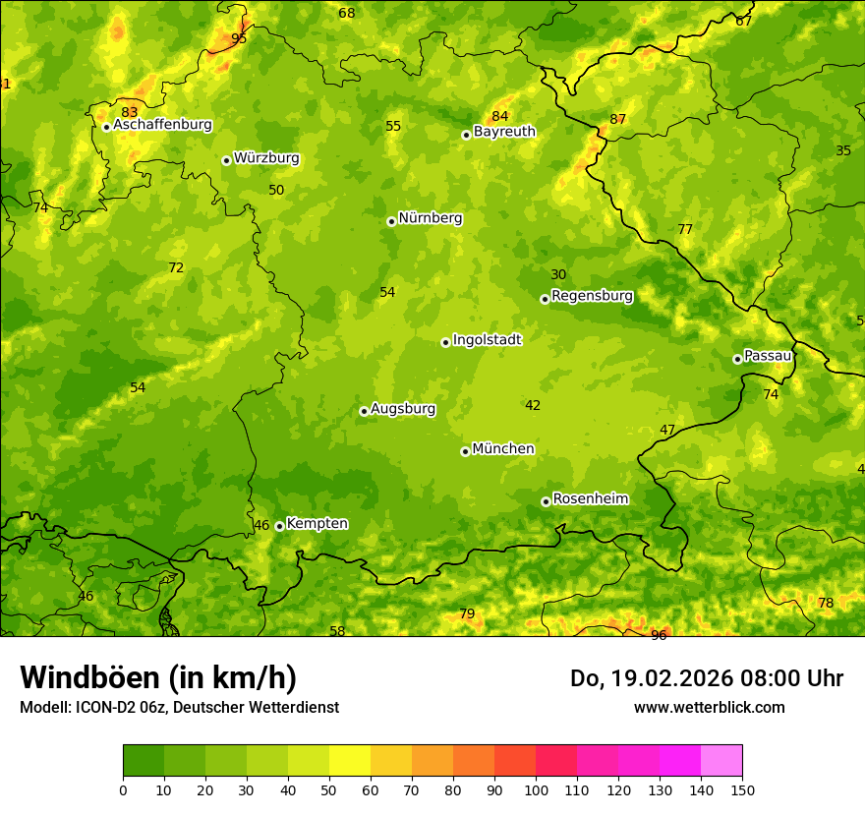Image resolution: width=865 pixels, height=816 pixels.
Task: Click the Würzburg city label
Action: (x=265, y=158)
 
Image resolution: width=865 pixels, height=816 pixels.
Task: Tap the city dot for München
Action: (x=465, y=451)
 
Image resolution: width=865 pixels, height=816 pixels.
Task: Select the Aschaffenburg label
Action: (x=162, y=125)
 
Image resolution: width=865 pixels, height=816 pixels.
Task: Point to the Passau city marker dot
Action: (x=737, y=359)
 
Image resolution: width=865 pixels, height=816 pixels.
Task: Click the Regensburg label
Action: (x=592, y=296)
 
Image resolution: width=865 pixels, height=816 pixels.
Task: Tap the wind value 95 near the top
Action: (x=239, y=38)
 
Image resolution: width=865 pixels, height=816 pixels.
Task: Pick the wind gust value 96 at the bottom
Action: (x=659, y=635)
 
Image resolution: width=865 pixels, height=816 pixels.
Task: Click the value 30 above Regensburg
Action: (x=558, y=275)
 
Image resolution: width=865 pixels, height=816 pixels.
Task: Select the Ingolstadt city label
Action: (x=487, y=340)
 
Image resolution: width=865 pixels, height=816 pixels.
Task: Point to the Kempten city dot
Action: (x=279, y=526)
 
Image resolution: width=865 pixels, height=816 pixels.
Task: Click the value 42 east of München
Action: (x=533, y=405)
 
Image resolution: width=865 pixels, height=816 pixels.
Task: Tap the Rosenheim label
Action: (x=590, y=499)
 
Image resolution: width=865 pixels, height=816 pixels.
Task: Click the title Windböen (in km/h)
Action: (x=158, y=677)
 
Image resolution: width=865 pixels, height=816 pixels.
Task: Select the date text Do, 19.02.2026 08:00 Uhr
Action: (x=707, y=678)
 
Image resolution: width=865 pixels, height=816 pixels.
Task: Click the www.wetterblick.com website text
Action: (x=709, y=707)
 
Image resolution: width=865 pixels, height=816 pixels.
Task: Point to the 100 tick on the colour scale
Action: (x=536, y=789)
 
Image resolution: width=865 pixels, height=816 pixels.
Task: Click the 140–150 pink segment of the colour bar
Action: (x=721, y=761)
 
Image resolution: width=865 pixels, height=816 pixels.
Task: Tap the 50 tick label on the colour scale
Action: (x=329, y=789)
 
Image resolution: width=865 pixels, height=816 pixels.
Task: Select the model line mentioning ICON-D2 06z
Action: (x=179, y=707)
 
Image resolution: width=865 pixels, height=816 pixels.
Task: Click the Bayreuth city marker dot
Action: (x=466, y=135)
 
